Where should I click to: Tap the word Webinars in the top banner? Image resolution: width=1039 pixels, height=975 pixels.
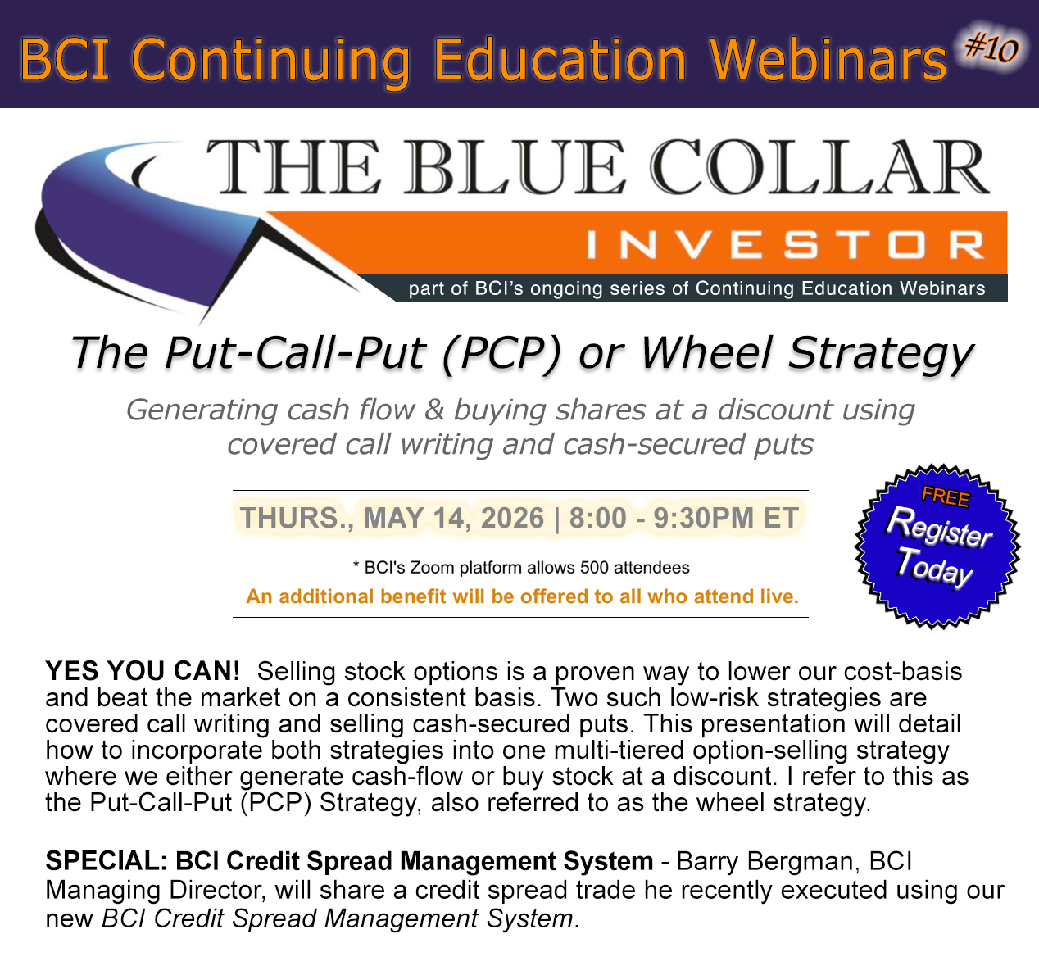point(828,60)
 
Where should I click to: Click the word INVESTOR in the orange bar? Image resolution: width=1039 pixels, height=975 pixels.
point(785,244)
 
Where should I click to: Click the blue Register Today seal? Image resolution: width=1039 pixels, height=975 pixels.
point(937,546)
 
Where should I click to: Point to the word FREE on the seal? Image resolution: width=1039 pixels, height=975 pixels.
point(946,496)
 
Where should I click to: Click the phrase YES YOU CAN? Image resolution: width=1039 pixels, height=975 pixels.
point(143,671)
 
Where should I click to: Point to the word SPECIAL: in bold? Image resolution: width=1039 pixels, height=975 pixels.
point(107,861)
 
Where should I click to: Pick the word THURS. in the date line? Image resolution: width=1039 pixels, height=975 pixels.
point(297,518)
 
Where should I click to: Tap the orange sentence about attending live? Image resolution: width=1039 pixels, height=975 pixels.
point(522,596)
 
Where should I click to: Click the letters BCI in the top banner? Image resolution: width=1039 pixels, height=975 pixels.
point(65,60)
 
